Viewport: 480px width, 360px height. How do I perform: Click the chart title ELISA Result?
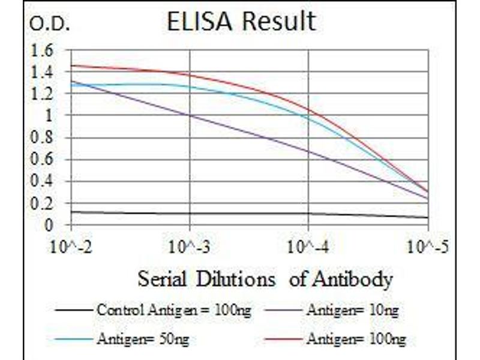tap(241, 22)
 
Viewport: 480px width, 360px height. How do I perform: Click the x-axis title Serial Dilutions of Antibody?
tap(265, 279)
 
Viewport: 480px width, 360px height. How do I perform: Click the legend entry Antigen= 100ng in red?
tap(356, 340)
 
